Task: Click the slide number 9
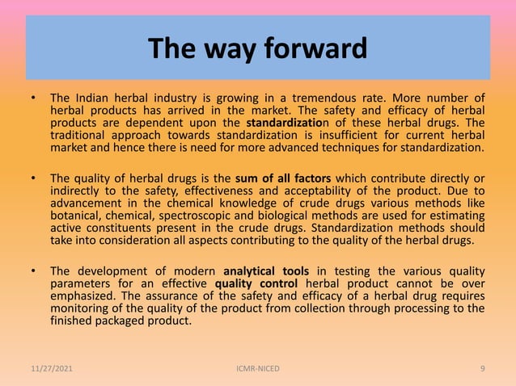(482, 369)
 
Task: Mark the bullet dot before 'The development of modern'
(33, 271)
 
